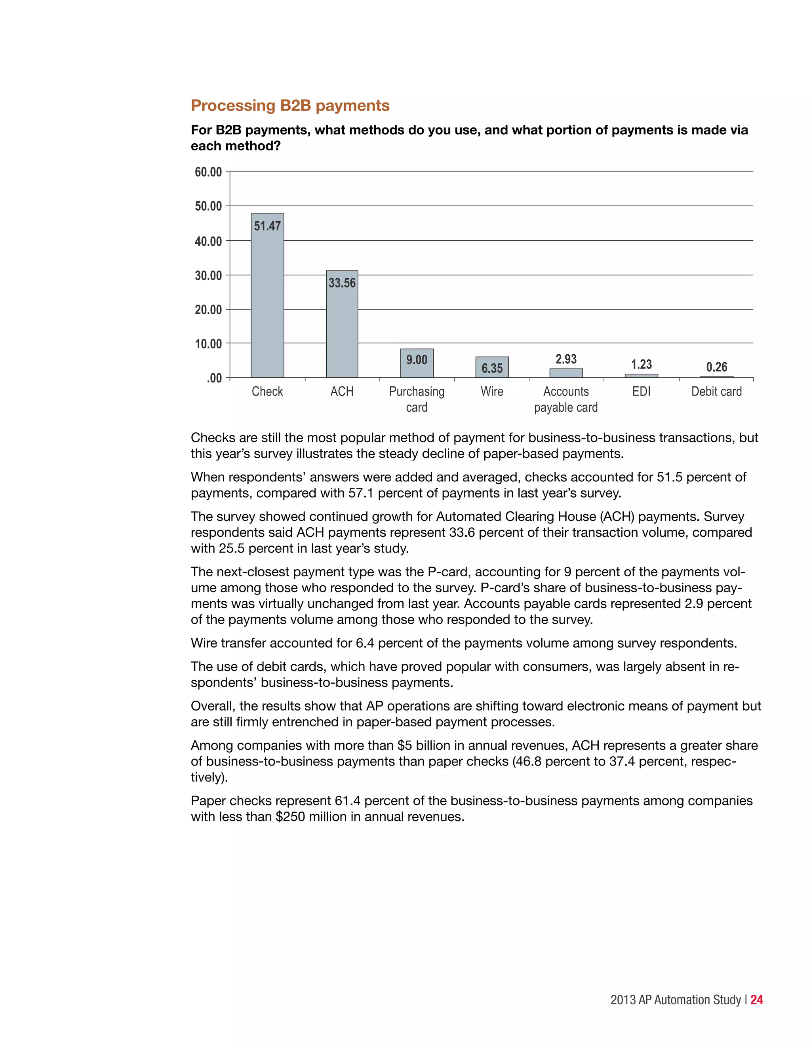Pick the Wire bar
[491, 367]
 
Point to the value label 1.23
[641, 364]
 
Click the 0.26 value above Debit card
[716, 367]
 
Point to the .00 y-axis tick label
[214, 378]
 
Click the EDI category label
[641, 391]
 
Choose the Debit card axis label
[716, 391]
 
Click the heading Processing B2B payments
[290, 105]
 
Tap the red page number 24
[757, 1000]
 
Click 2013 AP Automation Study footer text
[675, 1000]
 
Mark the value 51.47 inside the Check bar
[267, 226]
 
